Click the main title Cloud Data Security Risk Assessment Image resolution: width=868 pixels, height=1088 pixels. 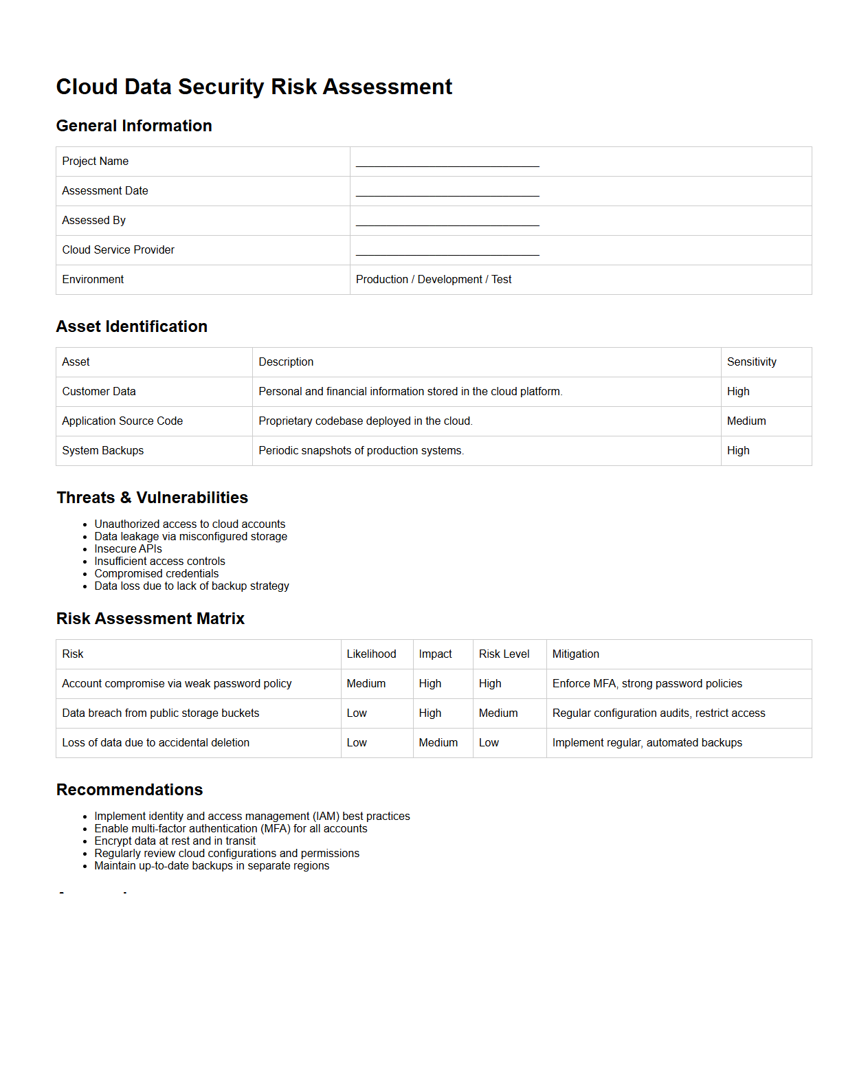point(254,87)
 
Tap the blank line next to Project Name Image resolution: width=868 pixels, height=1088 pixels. point(447,163)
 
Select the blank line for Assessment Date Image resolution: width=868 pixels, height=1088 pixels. point(447,192)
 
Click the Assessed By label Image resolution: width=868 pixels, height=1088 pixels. point(94,221)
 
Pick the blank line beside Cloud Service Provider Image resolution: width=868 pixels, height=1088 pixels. point(447,252)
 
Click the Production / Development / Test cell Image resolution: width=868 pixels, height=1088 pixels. point(434,280)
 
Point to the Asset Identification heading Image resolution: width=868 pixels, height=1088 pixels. point(132,326)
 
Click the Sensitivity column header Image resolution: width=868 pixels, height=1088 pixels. point(751,362)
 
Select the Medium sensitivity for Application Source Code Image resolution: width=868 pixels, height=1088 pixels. point(746,421)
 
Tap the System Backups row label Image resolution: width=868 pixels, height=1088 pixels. point(103,451)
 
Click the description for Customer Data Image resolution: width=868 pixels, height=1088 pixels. point(410,392)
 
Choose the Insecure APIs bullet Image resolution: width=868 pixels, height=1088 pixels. point(129,549)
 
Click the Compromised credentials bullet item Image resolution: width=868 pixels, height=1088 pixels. point(157,574)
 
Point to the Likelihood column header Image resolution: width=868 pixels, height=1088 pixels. point(371,654)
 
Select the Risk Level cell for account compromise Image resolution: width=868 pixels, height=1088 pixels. point(490,684)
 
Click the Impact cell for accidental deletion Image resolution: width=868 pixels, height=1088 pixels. point(438,743)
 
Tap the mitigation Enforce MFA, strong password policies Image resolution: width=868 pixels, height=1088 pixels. point(647,684)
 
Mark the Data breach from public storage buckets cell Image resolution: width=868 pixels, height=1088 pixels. point(161,713)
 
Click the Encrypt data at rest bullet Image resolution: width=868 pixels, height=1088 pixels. point(175,841)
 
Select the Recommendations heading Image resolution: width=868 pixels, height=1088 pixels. point(130,790)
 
